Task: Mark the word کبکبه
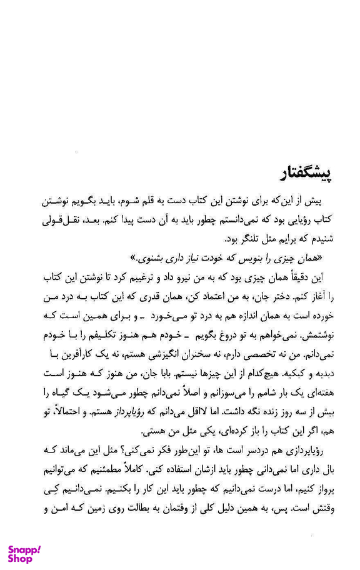[292, 373]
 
